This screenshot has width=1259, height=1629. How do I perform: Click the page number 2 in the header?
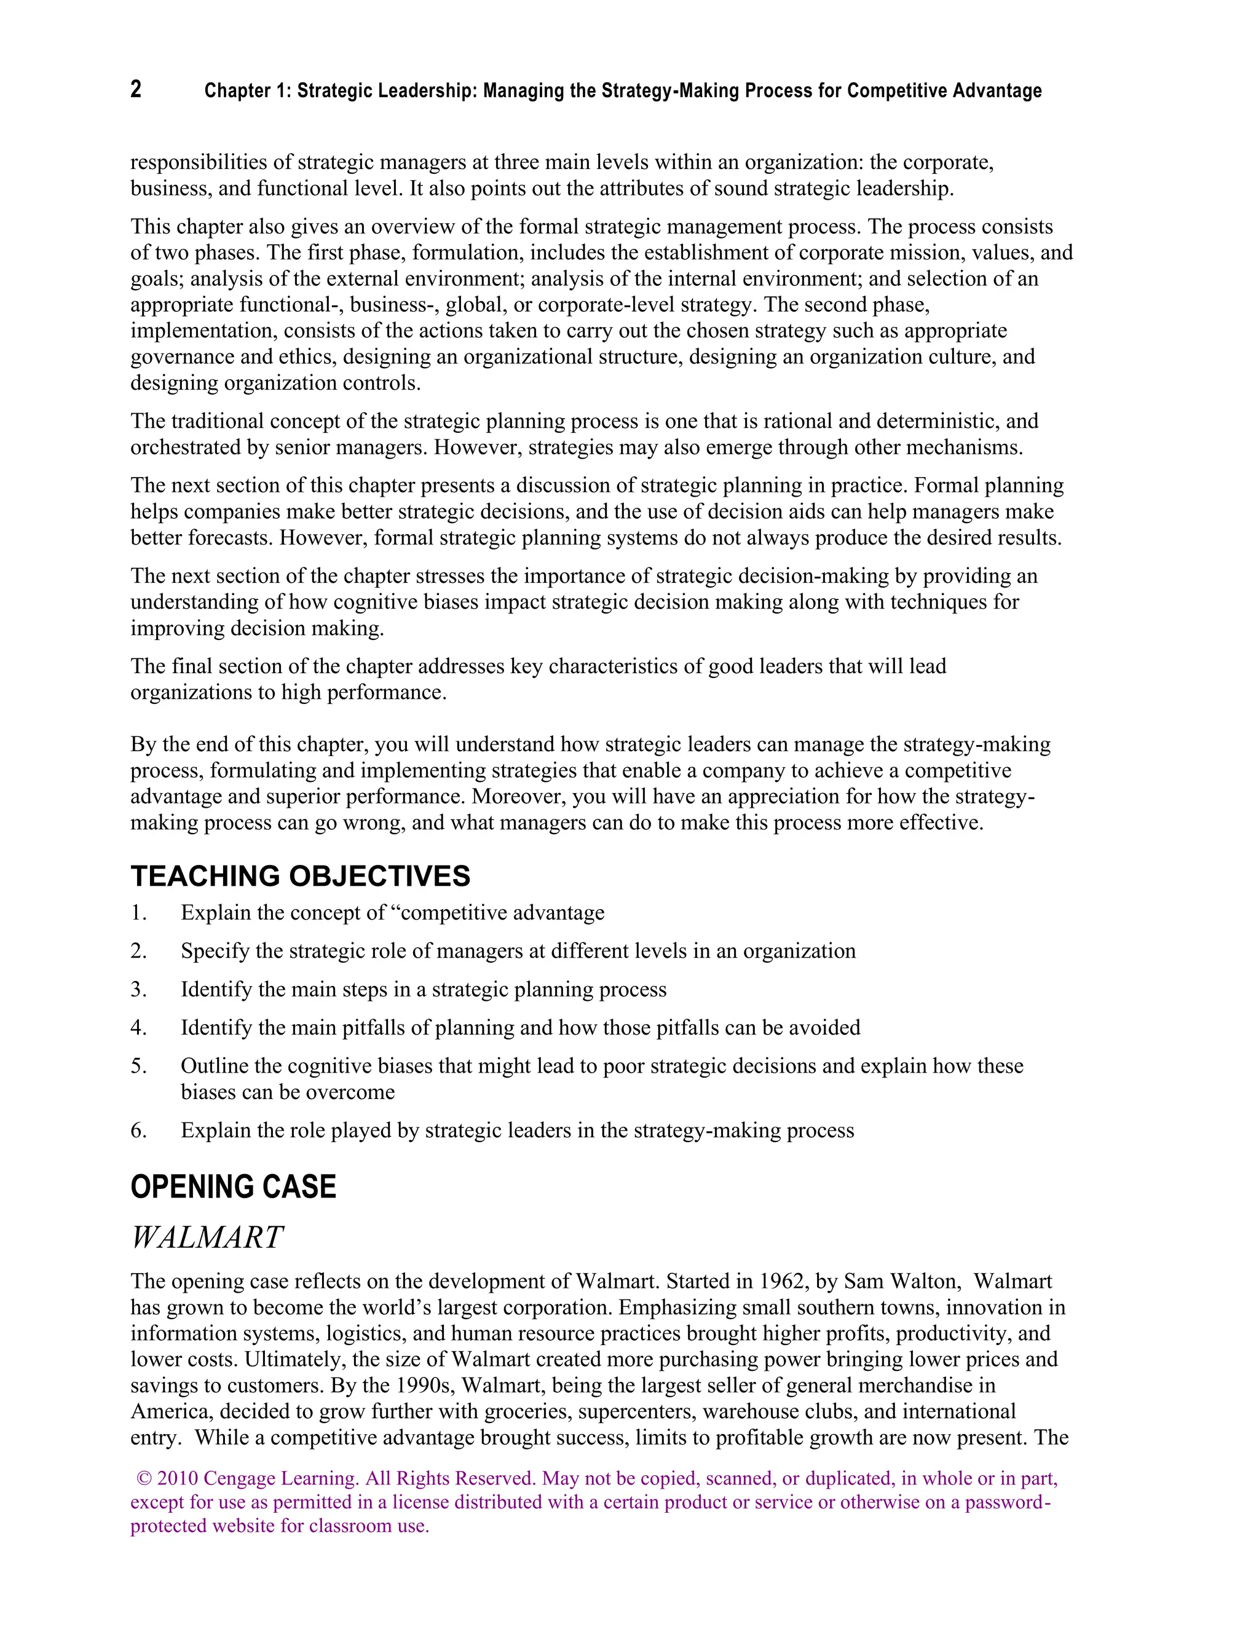click(x=136, y=90)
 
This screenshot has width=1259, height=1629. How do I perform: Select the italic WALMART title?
click(x=207, y=1237)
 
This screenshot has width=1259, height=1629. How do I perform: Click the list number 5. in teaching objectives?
click(x=139, y=1066)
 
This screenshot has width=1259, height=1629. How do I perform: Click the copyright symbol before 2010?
click(x=144, y=1478)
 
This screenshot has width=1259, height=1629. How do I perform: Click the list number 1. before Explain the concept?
click(x=139, y=913)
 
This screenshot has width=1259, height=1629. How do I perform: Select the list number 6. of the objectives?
click(x=139, y=1130)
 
